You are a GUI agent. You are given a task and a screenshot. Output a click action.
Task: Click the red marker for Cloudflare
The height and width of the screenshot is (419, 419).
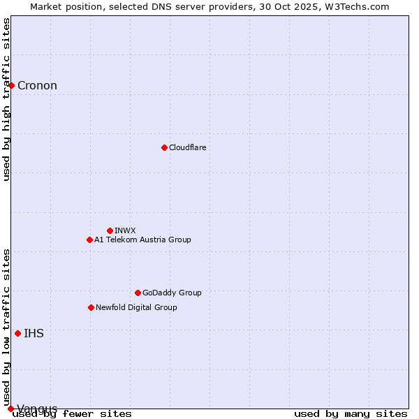pyautogui.click(x=164, y=147)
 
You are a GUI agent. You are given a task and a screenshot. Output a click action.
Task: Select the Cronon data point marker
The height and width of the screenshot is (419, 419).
pyautogui.click(x=12, y=85)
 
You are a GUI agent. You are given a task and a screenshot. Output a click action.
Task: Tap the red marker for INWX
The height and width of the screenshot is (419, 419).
pyautogui.click(x=110, y=230)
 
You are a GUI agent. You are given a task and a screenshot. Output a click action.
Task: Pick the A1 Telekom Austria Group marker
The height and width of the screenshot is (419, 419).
pyautogui.click(x=89, y=240)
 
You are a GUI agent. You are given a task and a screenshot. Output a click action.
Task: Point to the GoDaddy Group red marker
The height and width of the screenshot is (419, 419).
pyautogui.click(x=138, y=293)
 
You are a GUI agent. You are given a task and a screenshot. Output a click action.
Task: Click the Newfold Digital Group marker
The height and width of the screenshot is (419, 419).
pyautogui.click(x=91, y=307)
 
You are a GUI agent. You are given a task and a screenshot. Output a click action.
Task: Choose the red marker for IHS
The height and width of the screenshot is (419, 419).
pyautogui.click(x=17, y=333)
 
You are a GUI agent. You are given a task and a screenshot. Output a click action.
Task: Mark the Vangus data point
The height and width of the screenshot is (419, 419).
pyautogui.click(x=10, y=409)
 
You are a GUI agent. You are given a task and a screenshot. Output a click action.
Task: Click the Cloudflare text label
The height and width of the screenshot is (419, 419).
pyautogui.click(x=187, y=147)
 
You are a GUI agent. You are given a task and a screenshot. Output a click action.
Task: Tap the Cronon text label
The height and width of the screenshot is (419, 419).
pyautogui.click(x=37, y=86)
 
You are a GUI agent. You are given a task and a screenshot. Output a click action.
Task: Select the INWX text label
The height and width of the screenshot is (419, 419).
pyautogui.click(x=125, y=230)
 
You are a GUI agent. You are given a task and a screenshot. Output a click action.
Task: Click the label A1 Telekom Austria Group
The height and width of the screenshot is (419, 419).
pyautogui.click(x=142, y=240)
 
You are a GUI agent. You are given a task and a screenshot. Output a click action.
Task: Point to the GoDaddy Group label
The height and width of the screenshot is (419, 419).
pyautogui.click(x=172, y=293)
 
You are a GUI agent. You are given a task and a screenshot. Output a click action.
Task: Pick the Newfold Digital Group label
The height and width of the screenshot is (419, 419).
pyautogui.click(x=136, y=307)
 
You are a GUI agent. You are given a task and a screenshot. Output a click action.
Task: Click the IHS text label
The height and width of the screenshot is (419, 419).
pyautogui.click(x=34, y=334)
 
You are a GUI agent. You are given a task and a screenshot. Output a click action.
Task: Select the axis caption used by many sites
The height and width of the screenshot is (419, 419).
pyautogui.click(x=351, y=414)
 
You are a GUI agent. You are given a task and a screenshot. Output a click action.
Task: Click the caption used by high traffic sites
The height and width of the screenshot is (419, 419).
pyautogui.click(x=7, y=99)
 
